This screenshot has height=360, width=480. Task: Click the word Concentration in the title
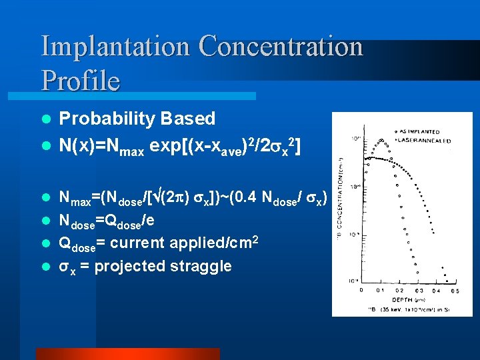click(x=281, y=47)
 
